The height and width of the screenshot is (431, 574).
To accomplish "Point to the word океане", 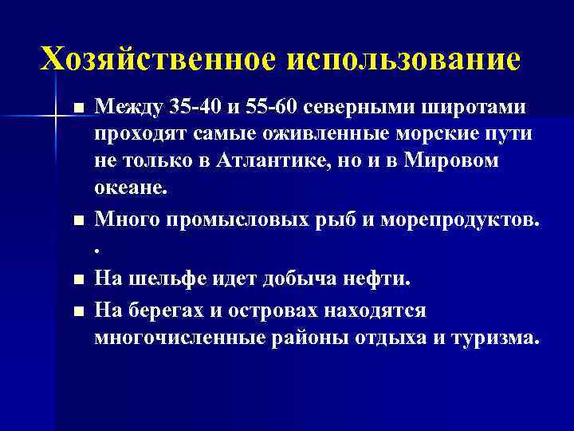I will (130, 188).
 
